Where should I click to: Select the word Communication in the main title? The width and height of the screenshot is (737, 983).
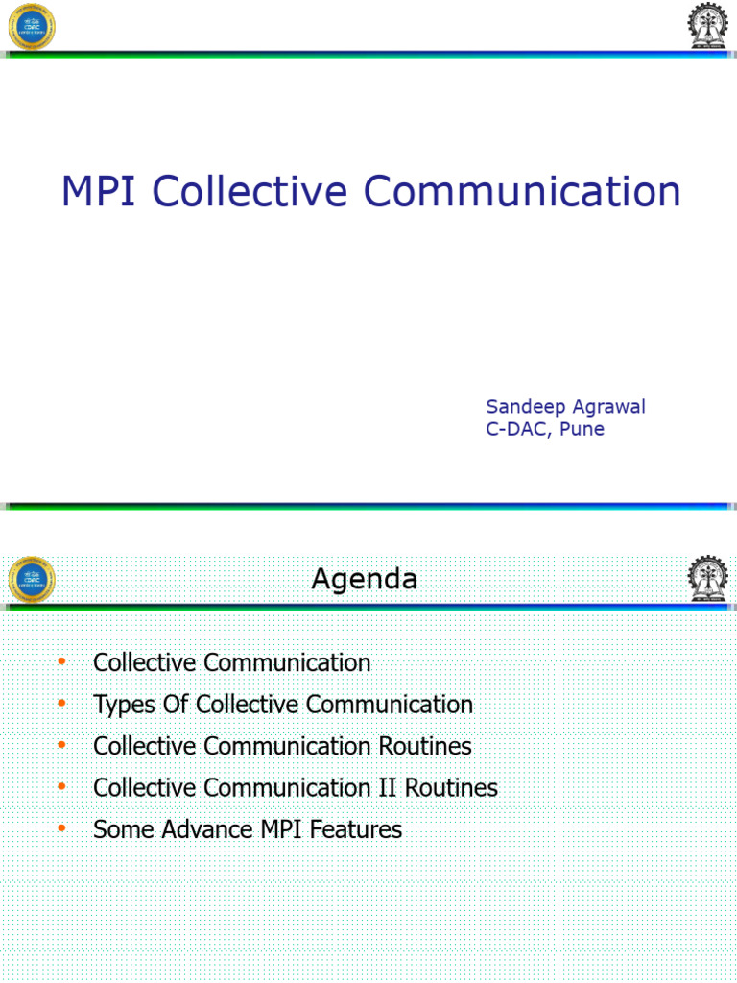(522, 191)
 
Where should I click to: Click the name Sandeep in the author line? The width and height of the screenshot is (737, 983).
(525, 406)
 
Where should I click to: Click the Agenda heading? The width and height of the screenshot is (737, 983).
(365, 579)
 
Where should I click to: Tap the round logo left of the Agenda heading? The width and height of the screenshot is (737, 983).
(32, 581)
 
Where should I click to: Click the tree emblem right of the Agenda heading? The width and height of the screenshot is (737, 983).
(707, 581)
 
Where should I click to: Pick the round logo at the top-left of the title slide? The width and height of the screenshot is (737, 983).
(32, 26)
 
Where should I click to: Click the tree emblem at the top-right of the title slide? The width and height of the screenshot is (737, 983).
(707, 26)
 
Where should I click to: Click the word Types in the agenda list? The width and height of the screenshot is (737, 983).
(124, 705)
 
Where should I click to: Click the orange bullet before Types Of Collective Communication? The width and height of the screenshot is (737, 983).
(61, 704)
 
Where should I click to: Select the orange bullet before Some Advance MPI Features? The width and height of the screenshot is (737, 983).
(61, 828)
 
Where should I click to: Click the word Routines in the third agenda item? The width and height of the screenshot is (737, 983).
(425, 746)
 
